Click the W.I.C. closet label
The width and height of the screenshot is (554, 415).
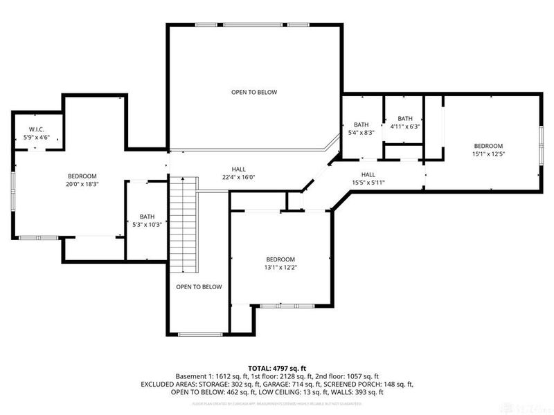click(x=37, y=129)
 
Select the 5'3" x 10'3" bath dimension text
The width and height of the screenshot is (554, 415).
click(x=147, y=225)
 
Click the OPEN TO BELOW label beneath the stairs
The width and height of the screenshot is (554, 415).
click(x=199, y=286)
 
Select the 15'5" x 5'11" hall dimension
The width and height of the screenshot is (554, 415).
click(x=368, y=183)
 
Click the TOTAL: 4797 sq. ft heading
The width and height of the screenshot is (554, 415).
click(x=277, y=368)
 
